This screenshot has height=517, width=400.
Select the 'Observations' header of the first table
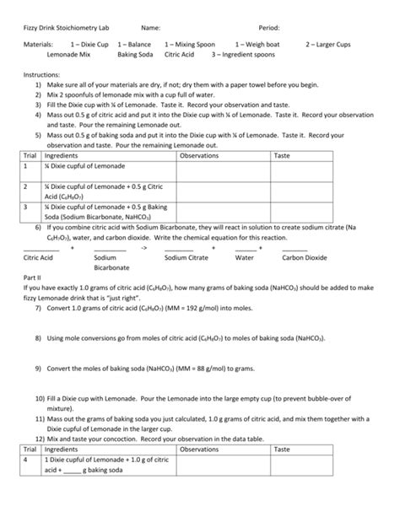point(200,155)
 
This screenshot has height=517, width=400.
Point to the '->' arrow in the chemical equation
point(145,247)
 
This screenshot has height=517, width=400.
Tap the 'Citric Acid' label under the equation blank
point(39,257)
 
